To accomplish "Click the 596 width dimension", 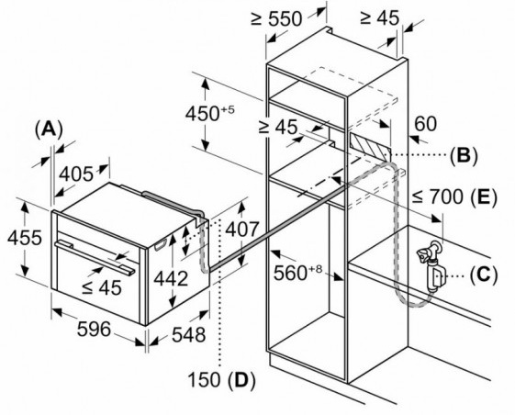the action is [x=94, y=329].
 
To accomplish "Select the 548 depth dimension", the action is [x=189, y=334].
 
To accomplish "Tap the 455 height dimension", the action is [x=25, y=238].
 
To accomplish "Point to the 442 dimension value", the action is [x=171, y=278].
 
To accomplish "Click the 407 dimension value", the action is [x=242, y=229].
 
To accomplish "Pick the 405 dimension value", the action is [x=76, y=174].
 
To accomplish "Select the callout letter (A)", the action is [x=49, y=129].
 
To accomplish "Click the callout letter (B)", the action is [x=464, y=154].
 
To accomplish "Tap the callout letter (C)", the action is [x=484, y=275].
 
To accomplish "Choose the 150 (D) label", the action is [x=221, y=380].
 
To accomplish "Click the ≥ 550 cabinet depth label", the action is [x=276, y=18].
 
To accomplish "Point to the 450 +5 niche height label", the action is [x=210, y=113].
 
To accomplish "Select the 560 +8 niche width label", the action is [x=298, y=273].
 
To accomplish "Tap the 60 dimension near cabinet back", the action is [x=426, y=124].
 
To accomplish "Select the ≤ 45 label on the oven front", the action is [x=102, y=287].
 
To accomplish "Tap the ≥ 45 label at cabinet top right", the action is [x=380, y=17].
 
